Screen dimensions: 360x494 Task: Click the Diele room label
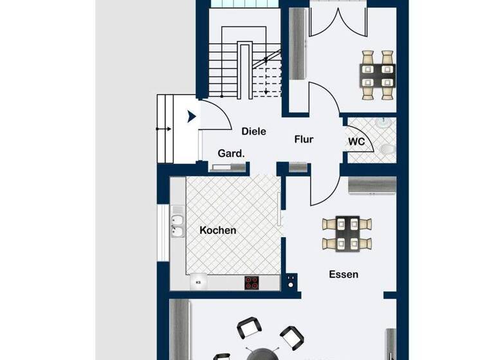tap(254, 131)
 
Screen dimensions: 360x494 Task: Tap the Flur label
tap(304, 139)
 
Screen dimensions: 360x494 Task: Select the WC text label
tap(357, 141)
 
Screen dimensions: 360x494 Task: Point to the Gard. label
tap(231, 154)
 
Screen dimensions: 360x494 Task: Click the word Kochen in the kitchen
tap(217, 230)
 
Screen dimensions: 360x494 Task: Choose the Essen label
tap(343, 274)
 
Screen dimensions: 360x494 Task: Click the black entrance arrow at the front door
tap(191, 117)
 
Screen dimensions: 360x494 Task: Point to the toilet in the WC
tap(387, 149)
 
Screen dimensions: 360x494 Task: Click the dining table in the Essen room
tap(347, 234)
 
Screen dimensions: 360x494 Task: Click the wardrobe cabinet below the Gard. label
tap(228, 168)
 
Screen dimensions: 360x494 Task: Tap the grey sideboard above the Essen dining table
tap(370, 184)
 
